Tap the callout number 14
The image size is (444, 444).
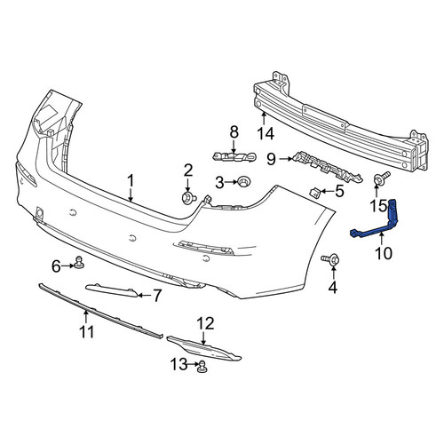(266, 134)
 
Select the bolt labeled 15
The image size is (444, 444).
(381, 178)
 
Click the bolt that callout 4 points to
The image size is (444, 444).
(330, 259)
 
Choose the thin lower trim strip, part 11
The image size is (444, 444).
(100, 311)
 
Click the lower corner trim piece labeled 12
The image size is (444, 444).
(204, 349)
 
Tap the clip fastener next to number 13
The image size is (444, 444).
(202, 366)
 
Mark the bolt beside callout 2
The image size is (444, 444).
(188, 198)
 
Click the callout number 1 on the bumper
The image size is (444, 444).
(131, 180)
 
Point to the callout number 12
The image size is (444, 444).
(206, 323)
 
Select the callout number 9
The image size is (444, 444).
(271, 159)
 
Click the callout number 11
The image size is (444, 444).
(87, 332)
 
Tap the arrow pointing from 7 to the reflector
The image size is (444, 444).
(144, 295)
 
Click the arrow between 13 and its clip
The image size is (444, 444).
(193, 364)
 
